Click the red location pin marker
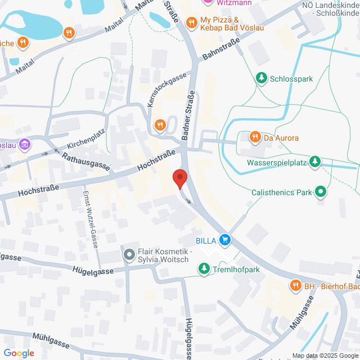click(x=179, y=178)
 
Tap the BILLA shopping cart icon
click(x=225, y=240)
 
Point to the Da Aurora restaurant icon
click(x=255, y=137)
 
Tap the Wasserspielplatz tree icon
click(x=316, y=163)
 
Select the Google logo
click(x=18, y=353)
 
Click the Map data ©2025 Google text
click(x=325, y=355)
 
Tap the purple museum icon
click(x=24, y=145)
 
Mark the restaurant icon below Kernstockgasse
click(x=160, y=125)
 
